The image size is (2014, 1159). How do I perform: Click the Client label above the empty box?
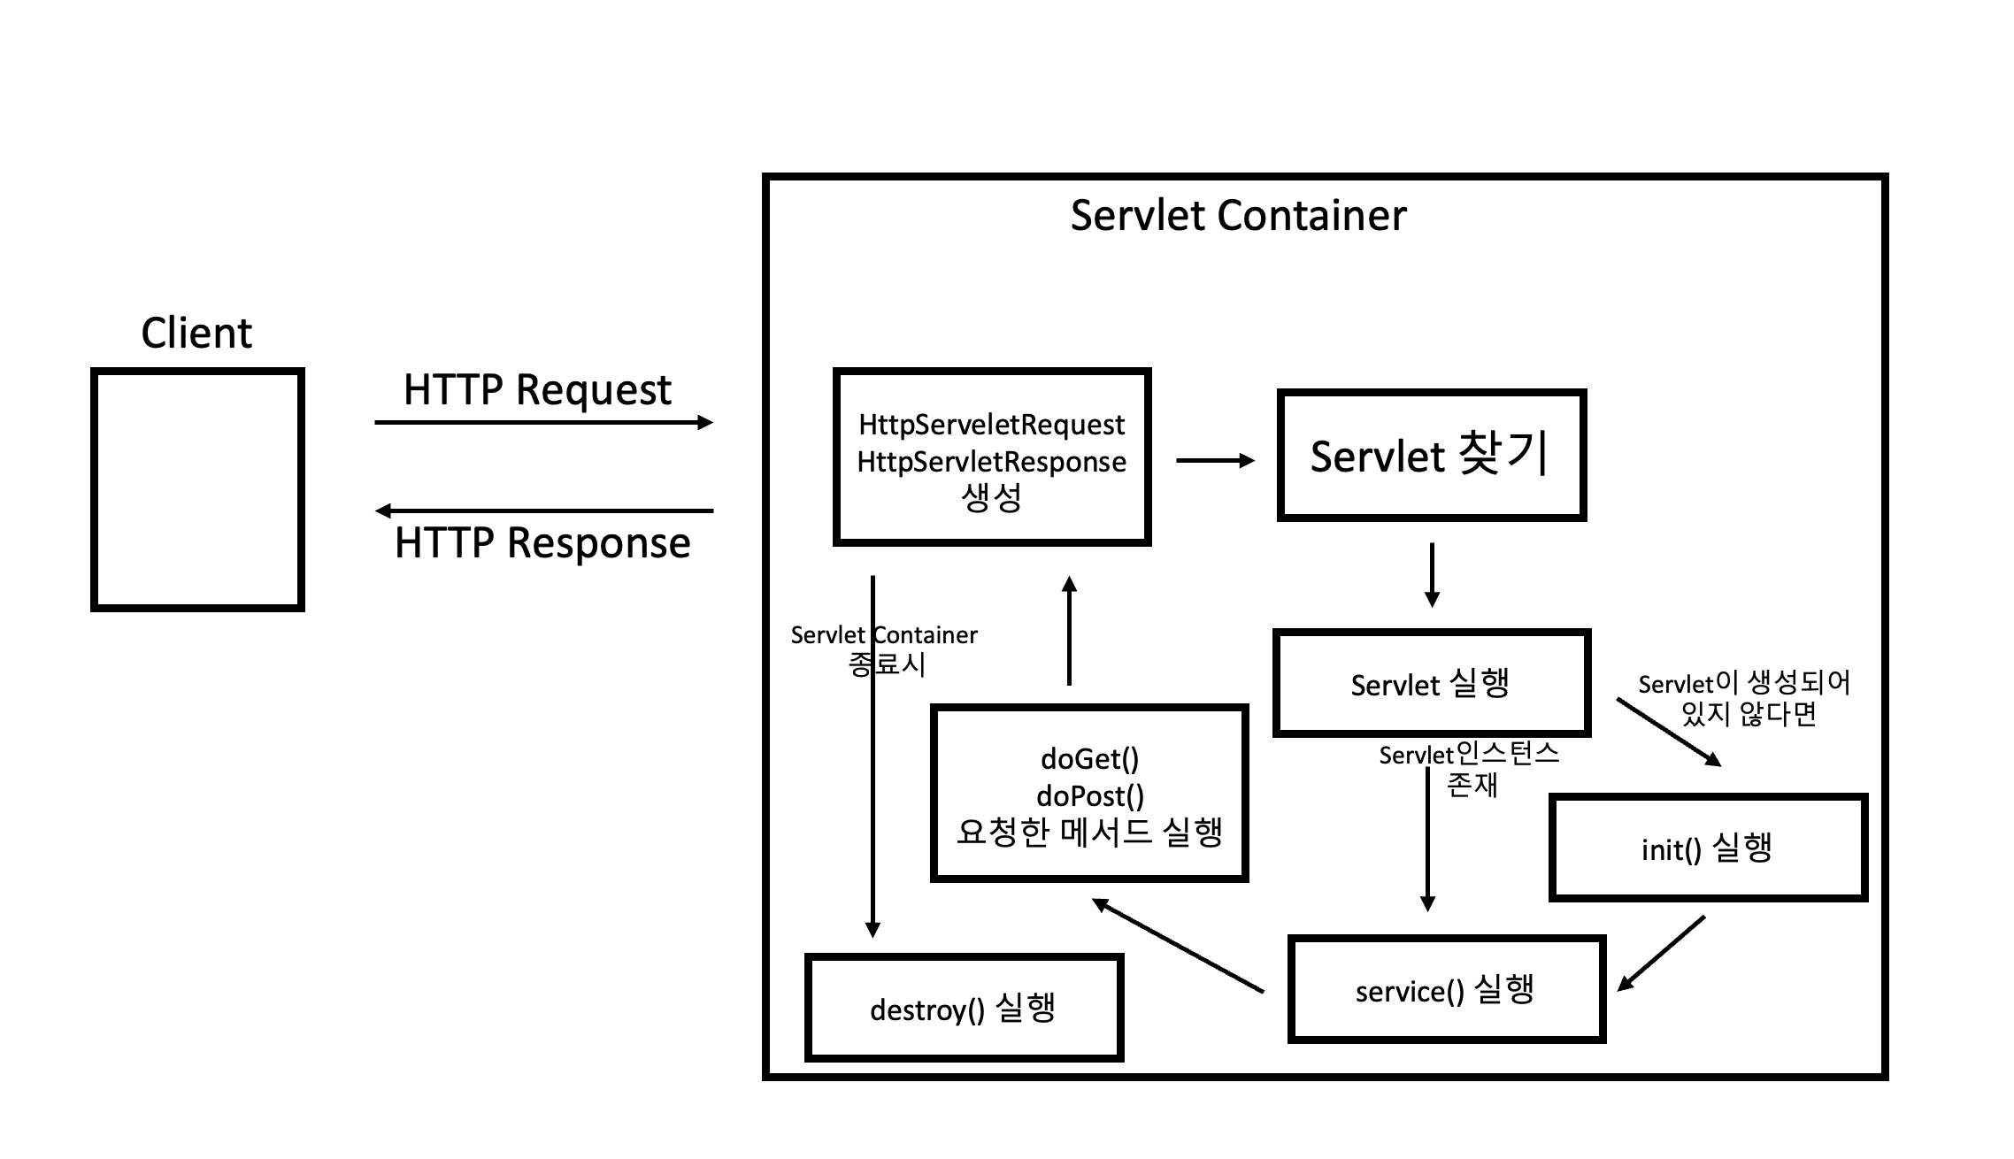point(196,334)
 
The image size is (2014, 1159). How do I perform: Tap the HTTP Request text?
point(537,390)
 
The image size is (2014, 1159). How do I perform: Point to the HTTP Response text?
point(542,542)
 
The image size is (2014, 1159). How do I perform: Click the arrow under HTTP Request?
point(543,423)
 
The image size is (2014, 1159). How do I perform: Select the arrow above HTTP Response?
point(543,510)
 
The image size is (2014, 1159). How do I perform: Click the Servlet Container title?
point(1238,215)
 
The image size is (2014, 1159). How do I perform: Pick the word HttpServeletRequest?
point(991,425)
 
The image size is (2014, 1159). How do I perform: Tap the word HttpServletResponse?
point(991,462)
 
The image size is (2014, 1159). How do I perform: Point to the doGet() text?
point(1089,759)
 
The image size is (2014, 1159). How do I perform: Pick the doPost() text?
point(1089,796)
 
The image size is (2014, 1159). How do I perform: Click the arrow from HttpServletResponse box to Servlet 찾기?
point(1215,460)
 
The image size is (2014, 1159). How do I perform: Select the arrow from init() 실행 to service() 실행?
point(1661,953)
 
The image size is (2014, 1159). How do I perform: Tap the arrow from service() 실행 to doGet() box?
point(1178,946)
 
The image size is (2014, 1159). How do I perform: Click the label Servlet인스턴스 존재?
point(1469,769)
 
